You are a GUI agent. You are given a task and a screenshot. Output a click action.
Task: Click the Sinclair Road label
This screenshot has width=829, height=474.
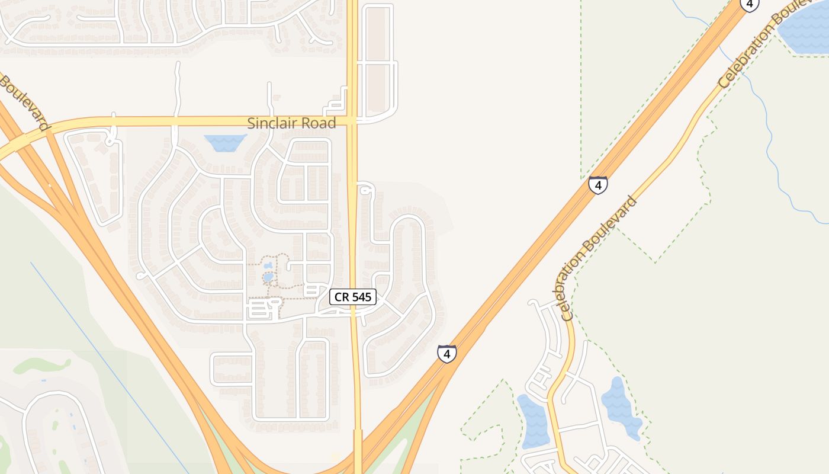(x=291, y=123)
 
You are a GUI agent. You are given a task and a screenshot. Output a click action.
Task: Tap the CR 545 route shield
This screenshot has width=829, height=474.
(x=353, y=297)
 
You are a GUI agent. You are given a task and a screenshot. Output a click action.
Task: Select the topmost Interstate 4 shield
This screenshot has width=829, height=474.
(x=749, y=4)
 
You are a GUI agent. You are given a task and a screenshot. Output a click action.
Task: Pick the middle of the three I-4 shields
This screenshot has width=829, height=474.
(x=598, y=185)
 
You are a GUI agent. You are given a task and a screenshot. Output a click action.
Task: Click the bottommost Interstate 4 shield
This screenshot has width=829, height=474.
(x=447, y=354)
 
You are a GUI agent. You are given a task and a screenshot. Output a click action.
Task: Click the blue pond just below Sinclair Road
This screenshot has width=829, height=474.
(x=225, y=142)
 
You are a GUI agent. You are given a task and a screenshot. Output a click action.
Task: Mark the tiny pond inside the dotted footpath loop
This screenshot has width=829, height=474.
(x=268, y=276)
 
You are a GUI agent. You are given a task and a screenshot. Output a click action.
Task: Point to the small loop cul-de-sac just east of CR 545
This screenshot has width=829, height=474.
(x=366, y=190)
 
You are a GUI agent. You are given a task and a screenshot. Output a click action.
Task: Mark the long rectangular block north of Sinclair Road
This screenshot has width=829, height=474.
(x=378, y=59)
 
